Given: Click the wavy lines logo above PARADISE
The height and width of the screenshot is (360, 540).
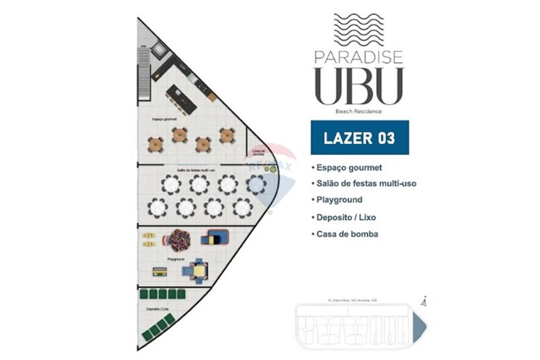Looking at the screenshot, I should click(x=359, y=30).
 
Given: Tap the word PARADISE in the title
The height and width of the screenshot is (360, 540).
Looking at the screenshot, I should click(x=359, y=57).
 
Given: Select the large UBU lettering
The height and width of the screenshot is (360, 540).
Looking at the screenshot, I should click(x=359, y=86).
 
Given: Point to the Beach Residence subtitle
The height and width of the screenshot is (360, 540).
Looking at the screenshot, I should click(x=359, y=112).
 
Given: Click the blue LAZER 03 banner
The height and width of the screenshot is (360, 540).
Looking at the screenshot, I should click(x=360, y=138).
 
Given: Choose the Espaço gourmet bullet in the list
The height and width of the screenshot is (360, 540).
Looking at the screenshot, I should click(x=349, y=168).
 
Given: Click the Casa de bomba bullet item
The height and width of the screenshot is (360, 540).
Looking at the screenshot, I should click(x=348, y=234).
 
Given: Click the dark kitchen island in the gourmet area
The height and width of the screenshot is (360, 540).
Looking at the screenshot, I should click(x=181, y=99).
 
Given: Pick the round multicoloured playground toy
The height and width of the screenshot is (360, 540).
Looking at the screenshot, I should click(x=179, y=240).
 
